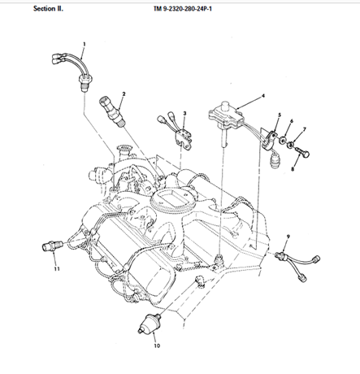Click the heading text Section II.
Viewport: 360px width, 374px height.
click(48, 9)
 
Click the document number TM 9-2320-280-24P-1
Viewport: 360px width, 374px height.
click(183, 9)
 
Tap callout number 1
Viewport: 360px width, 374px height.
click(85, 44)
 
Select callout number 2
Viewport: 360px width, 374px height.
click(124, 94)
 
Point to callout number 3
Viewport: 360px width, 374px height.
click(184, 113)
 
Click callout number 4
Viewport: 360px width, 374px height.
click(263, 96)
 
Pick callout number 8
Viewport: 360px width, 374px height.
click(293, 169)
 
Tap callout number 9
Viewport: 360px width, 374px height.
click(288, 237)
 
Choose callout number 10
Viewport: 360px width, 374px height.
click(157, 346)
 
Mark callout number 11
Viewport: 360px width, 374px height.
click(57, 269)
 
